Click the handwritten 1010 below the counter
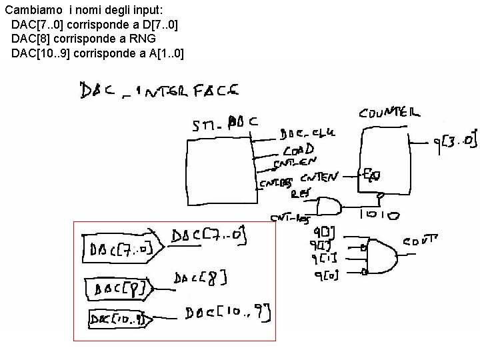coord(380,215)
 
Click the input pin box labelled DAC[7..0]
coord(120,249)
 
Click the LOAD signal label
coord(298,150)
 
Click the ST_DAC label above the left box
coord(225,123)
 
